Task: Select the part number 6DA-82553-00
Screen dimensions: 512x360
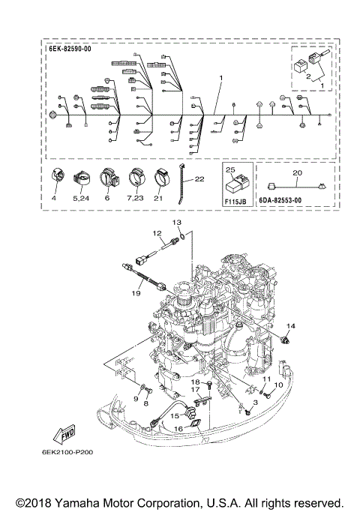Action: (289, 200)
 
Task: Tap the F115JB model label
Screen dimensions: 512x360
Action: (236, 200)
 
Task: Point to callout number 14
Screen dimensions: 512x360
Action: (291, 325)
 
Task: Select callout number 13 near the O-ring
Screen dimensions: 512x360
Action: (178, 223)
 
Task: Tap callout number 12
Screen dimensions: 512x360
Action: (158, 234)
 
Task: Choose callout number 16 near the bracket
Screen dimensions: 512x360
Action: (178, 429)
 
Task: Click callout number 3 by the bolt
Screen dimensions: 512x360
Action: (254, 403)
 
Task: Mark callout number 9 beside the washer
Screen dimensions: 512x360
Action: (136, 399)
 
